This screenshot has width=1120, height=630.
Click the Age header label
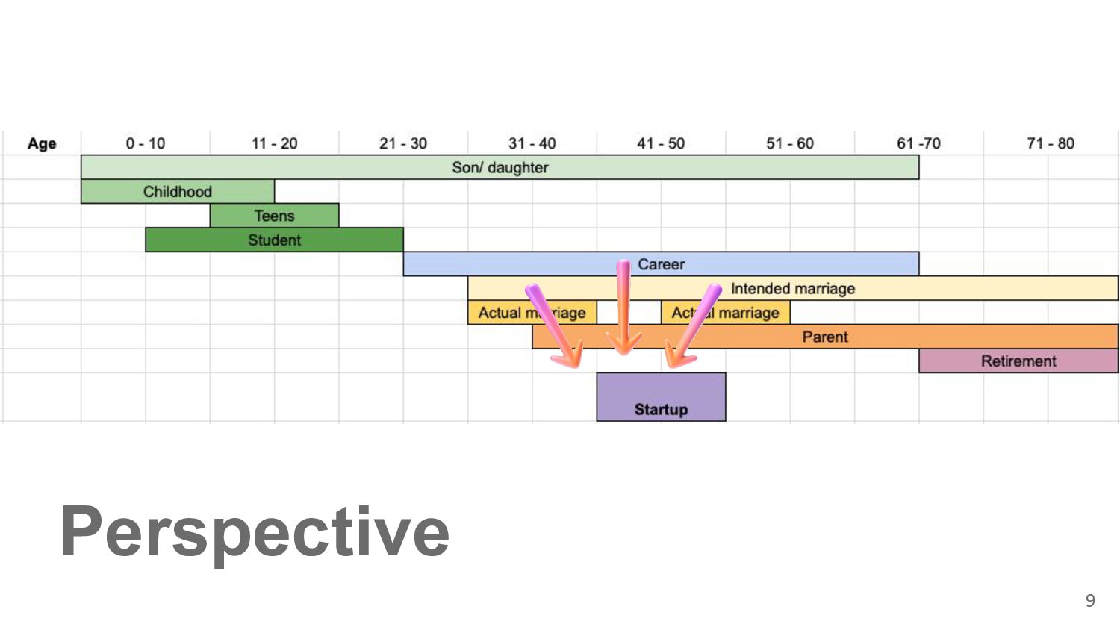pyautogui.click(x=42, y=143)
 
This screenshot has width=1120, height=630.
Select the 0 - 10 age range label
pyautogui.click(x=146, y=143)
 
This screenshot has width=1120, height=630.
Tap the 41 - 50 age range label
pyautogui.click(x=661, y=143)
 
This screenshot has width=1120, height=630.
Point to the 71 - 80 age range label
pyautogui.click(x=1051, y=143)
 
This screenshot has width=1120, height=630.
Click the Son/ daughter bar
pyautogui.click(x=500, y=167)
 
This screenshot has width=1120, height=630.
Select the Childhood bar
pyautogui.click(x=178, y=192)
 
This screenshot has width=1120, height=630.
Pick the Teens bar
pyautogui.click(x=275, y=216)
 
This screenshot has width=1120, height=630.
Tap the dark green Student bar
pyautogui.click(x=275, y=240)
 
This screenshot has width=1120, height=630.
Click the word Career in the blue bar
pyautogui.click(x=661, y=264)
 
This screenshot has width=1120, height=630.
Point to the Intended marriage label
pyautogui.click(x=793, y=288)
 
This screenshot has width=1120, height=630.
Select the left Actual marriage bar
pyautogui.click(x=532, y=313)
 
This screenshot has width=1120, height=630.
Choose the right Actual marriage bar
pyautogui.click(x=726, y=313)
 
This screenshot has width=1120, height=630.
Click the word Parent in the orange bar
pyautogui.click(x=825, y=337)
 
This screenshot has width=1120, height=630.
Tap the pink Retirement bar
pyautogui.click(x=1018, y=361)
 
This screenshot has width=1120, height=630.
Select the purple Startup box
pyautogui.click(x=661, y=397)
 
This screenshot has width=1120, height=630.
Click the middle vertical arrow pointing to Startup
pyautogui.click(x=623, y=308)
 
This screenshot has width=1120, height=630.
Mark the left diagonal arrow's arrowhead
pyautogui.click(x=568, y=355)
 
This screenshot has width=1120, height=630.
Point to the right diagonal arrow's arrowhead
pyautogui.click(x=679, y=355)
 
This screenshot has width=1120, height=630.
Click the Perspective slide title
pyautogui.click(x=255, y=534)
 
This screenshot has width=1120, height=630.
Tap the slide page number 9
pyautogui.click(x=1090, y=600)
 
